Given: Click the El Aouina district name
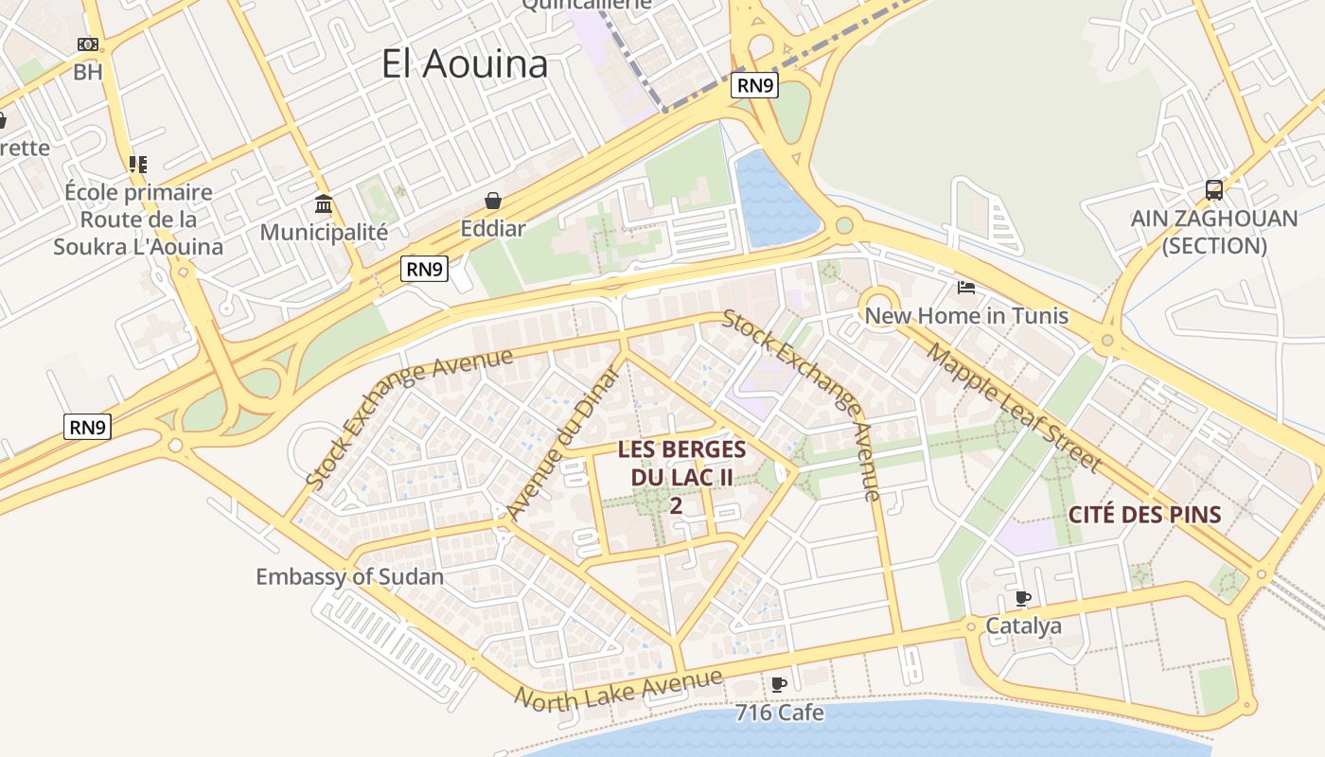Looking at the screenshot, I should coord(465,64).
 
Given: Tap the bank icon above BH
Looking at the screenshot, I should coord(88,44).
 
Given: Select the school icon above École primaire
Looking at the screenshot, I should coord(138,165).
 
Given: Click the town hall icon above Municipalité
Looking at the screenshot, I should coord(324,204).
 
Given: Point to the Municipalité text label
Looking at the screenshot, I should coord(324,232).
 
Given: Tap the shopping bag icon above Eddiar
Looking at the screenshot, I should coord(492,201).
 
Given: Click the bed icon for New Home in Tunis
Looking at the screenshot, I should coord(966,288).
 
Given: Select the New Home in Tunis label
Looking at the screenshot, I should coord(966,316).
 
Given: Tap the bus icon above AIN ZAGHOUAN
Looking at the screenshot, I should coord(1214,190).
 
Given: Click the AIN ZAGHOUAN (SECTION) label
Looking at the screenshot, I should coord(1214,232).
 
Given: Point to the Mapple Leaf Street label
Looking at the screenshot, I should coord(1014,408).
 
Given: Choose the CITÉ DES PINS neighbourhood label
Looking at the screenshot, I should coord(1144,516).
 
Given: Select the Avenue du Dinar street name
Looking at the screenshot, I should coord(563,442).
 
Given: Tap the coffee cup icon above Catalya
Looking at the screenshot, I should coord(1022,598).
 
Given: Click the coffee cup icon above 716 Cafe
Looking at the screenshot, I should coord(779,684).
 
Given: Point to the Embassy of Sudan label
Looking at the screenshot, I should coord(349,576).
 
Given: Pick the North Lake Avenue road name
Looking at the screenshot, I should coord(619,688).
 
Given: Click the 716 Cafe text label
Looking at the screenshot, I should coord(779,713).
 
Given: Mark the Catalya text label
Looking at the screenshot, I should coord(1023,625).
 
